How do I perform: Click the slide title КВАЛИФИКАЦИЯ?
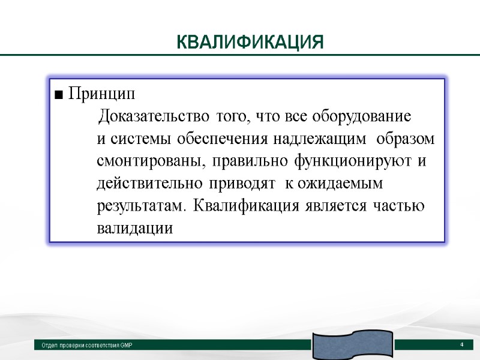250,43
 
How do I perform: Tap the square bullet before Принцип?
58,95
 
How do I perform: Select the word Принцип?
101,94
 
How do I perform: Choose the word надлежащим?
319,139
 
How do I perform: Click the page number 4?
462,344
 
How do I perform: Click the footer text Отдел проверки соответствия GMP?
86,346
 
